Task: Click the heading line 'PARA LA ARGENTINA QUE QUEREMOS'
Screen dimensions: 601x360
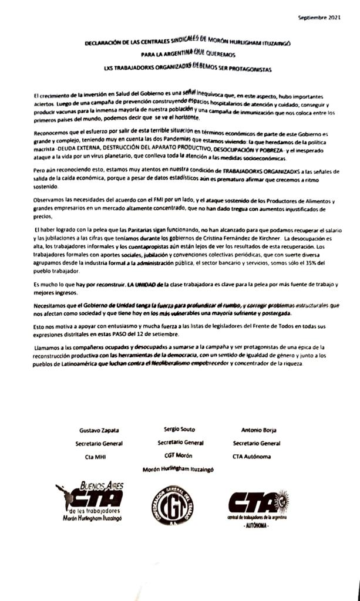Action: pyautogui.click(x=180, y=55)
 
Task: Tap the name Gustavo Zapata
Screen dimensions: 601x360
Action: pyautogui.click(x=95, y=430)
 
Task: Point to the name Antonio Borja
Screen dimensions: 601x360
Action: pyautogui.click(x=259, y=430)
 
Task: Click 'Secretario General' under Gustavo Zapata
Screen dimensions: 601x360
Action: pyautogui.click(x=99, y=444)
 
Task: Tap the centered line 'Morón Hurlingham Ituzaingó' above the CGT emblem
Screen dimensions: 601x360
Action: pyautogui.click(x=179, y=469)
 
